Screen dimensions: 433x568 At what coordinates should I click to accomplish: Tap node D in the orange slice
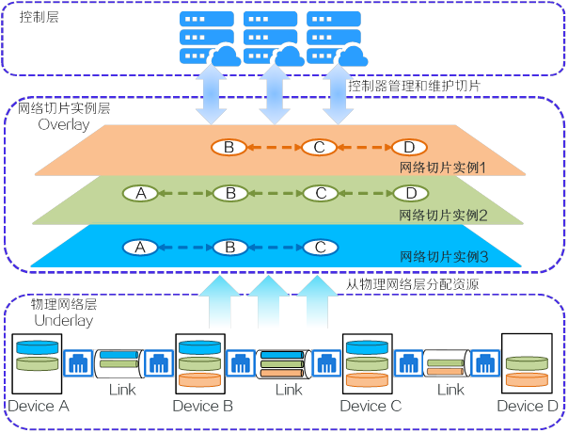tap(409, 147)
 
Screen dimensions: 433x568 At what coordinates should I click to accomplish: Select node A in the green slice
tap(140, 193)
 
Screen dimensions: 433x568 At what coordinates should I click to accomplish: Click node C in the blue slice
tap(320, 248)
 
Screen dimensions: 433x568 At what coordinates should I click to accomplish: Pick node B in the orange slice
tap(229, 147)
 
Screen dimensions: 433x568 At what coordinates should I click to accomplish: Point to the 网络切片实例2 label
tap(442, 216)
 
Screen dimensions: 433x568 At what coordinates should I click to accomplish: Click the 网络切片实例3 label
tap(443, 256)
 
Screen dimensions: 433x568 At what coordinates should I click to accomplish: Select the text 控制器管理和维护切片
tap(415, 86)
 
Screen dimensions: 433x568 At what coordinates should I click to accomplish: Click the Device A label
tap(38, 407)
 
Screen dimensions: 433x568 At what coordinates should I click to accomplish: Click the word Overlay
tap(64, 124)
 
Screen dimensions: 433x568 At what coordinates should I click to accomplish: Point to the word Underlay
tap(63, 321)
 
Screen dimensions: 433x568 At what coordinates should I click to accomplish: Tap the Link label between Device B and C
tap(288, 389)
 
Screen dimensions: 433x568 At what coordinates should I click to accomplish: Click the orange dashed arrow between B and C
tap(274, 147)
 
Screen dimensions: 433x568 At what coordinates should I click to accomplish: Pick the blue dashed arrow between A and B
tap(184, 248)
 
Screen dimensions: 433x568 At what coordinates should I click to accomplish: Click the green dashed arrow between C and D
tap(364, 193)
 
